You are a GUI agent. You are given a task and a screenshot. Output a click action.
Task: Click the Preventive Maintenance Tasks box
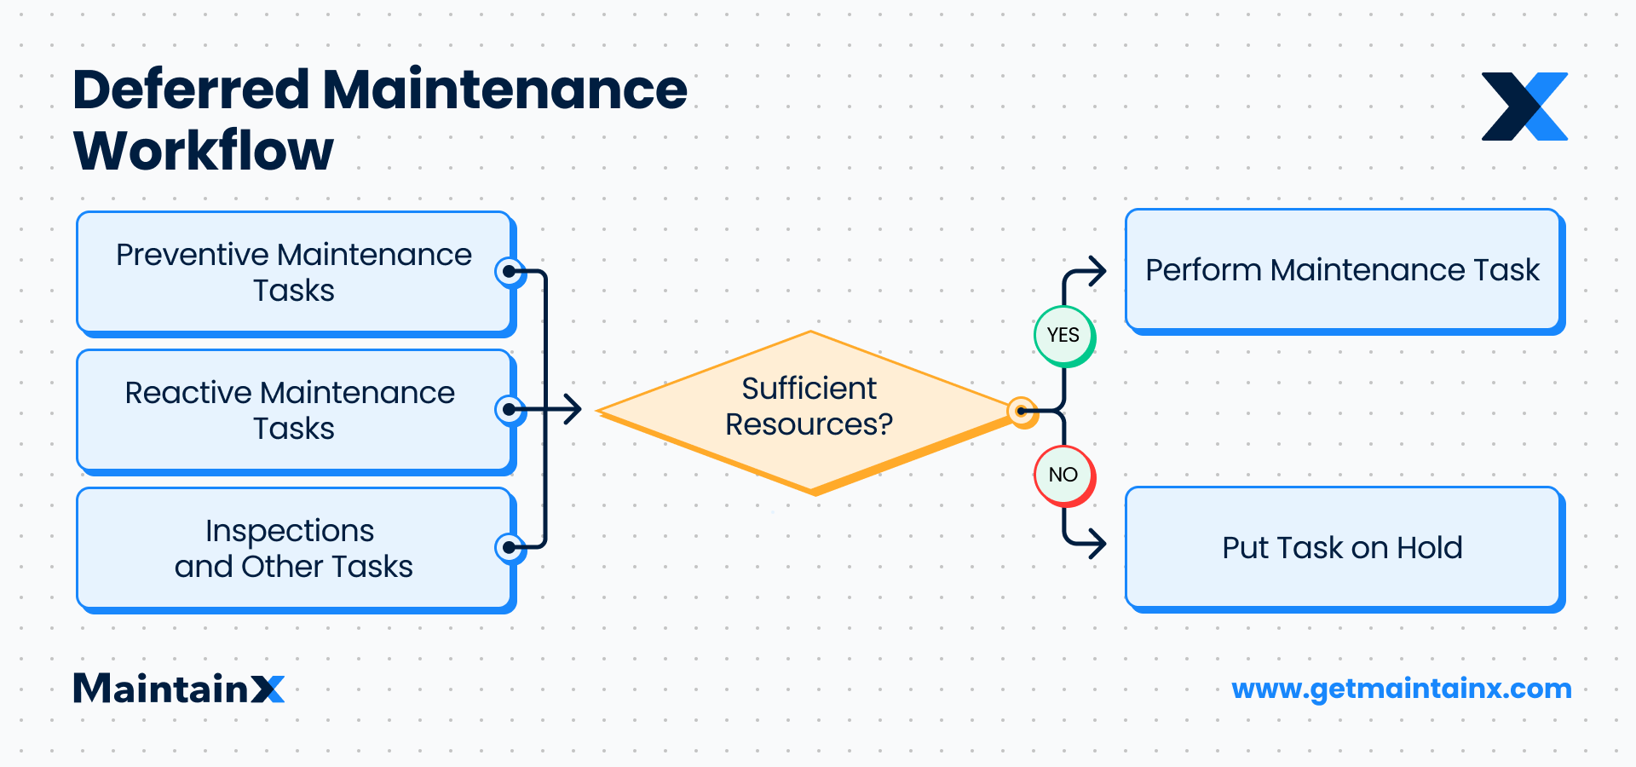(x=294, y=272)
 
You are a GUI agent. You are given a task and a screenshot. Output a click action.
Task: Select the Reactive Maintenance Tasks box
(x=294, y=410)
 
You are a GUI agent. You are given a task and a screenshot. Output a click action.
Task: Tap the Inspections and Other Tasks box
(x=294, y=548)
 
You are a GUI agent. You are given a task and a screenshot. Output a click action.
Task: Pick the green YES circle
(x=1063, y=335)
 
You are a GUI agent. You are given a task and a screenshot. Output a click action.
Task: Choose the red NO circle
(x=1063, y=475)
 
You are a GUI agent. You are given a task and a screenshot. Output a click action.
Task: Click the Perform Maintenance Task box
(x=1343, y=270)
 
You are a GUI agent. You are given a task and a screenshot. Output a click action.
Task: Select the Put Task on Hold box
(x=1343, y=548)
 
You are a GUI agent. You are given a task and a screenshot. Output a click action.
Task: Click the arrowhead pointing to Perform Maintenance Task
(x=1099, y=272)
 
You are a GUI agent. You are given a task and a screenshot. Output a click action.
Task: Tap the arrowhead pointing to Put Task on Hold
(x=1099, y=543)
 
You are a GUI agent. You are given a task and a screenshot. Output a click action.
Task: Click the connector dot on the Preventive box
(x=510, y=273)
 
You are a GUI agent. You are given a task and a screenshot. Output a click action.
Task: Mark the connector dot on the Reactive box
(x=510, y=410)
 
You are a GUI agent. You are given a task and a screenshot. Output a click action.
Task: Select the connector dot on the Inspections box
(x=510, y=547)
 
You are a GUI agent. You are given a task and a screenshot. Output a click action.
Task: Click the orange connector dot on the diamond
(x=1021, y=412)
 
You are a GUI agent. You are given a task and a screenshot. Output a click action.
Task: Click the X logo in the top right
(x=1524, y=107)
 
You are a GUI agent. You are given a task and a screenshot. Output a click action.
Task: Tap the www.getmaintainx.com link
(x=1402, y=689)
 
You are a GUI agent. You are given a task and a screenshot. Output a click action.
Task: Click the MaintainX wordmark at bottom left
(x=179, y=689)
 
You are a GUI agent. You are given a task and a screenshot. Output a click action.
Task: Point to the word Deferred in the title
(x=192, y=89)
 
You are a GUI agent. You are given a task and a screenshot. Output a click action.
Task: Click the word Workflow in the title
(x=204, y=151)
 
